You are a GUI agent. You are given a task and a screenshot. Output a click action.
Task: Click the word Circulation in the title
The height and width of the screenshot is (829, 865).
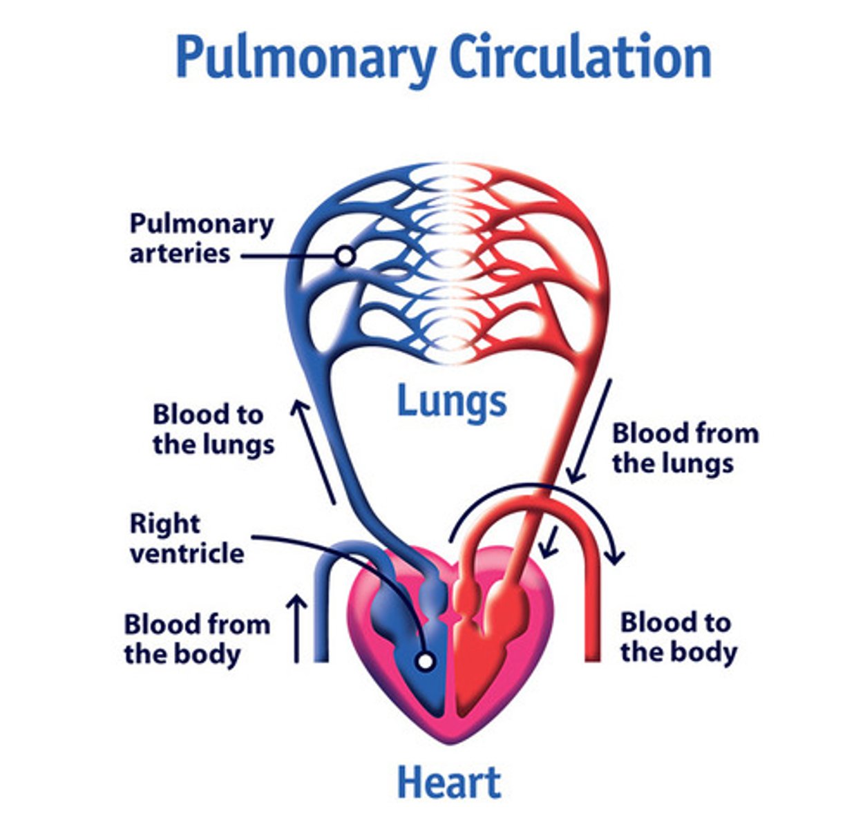click(580, 57)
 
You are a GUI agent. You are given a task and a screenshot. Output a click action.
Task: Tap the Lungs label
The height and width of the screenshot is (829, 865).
click(452, 401)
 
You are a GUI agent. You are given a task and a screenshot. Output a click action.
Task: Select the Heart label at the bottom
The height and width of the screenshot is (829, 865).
click(449, 783)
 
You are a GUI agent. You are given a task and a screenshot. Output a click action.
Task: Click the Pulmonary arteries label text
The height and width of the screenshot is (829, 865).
click(201, 238)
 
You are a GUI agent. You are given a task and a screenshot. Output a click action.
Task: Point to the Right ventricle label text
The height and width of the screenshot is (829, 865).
click(187, 538)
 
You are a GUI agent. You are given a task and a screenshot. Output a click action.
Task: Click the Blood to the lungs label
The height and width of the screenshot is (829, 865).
click(213, 429)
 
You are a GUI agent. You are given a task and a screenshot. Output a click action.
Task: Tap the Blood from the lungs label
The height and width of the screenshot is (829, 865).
click(685, 448)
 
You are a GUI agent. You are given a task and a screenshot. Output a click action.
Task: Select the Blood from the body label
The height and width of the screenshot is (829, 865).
click(197, 638)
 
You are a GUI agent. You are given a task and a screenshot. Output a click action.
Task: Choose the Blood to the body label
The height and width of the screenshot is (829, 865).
click(678, 636)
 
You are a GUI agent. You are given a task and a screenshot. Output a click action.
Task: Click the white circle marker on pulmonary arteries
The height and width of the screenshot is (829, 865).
click(345, 256)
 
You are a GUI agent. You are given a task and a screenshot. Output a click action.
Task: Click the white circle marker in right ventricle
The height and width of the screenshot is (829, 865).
click(426, 661)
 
